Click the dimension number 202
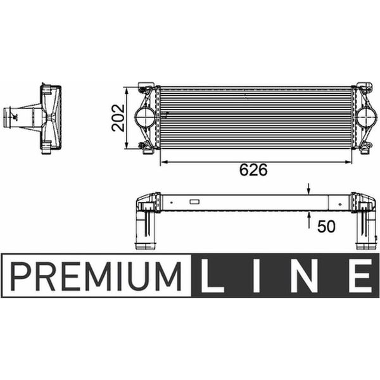[118, 118]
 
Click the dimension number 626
[253, 170]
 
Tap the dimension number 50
[326, 227]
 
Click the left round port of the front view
[145, 117]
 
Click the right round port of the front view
[366, 117]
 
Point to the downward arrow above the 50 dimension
[309, 189]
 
